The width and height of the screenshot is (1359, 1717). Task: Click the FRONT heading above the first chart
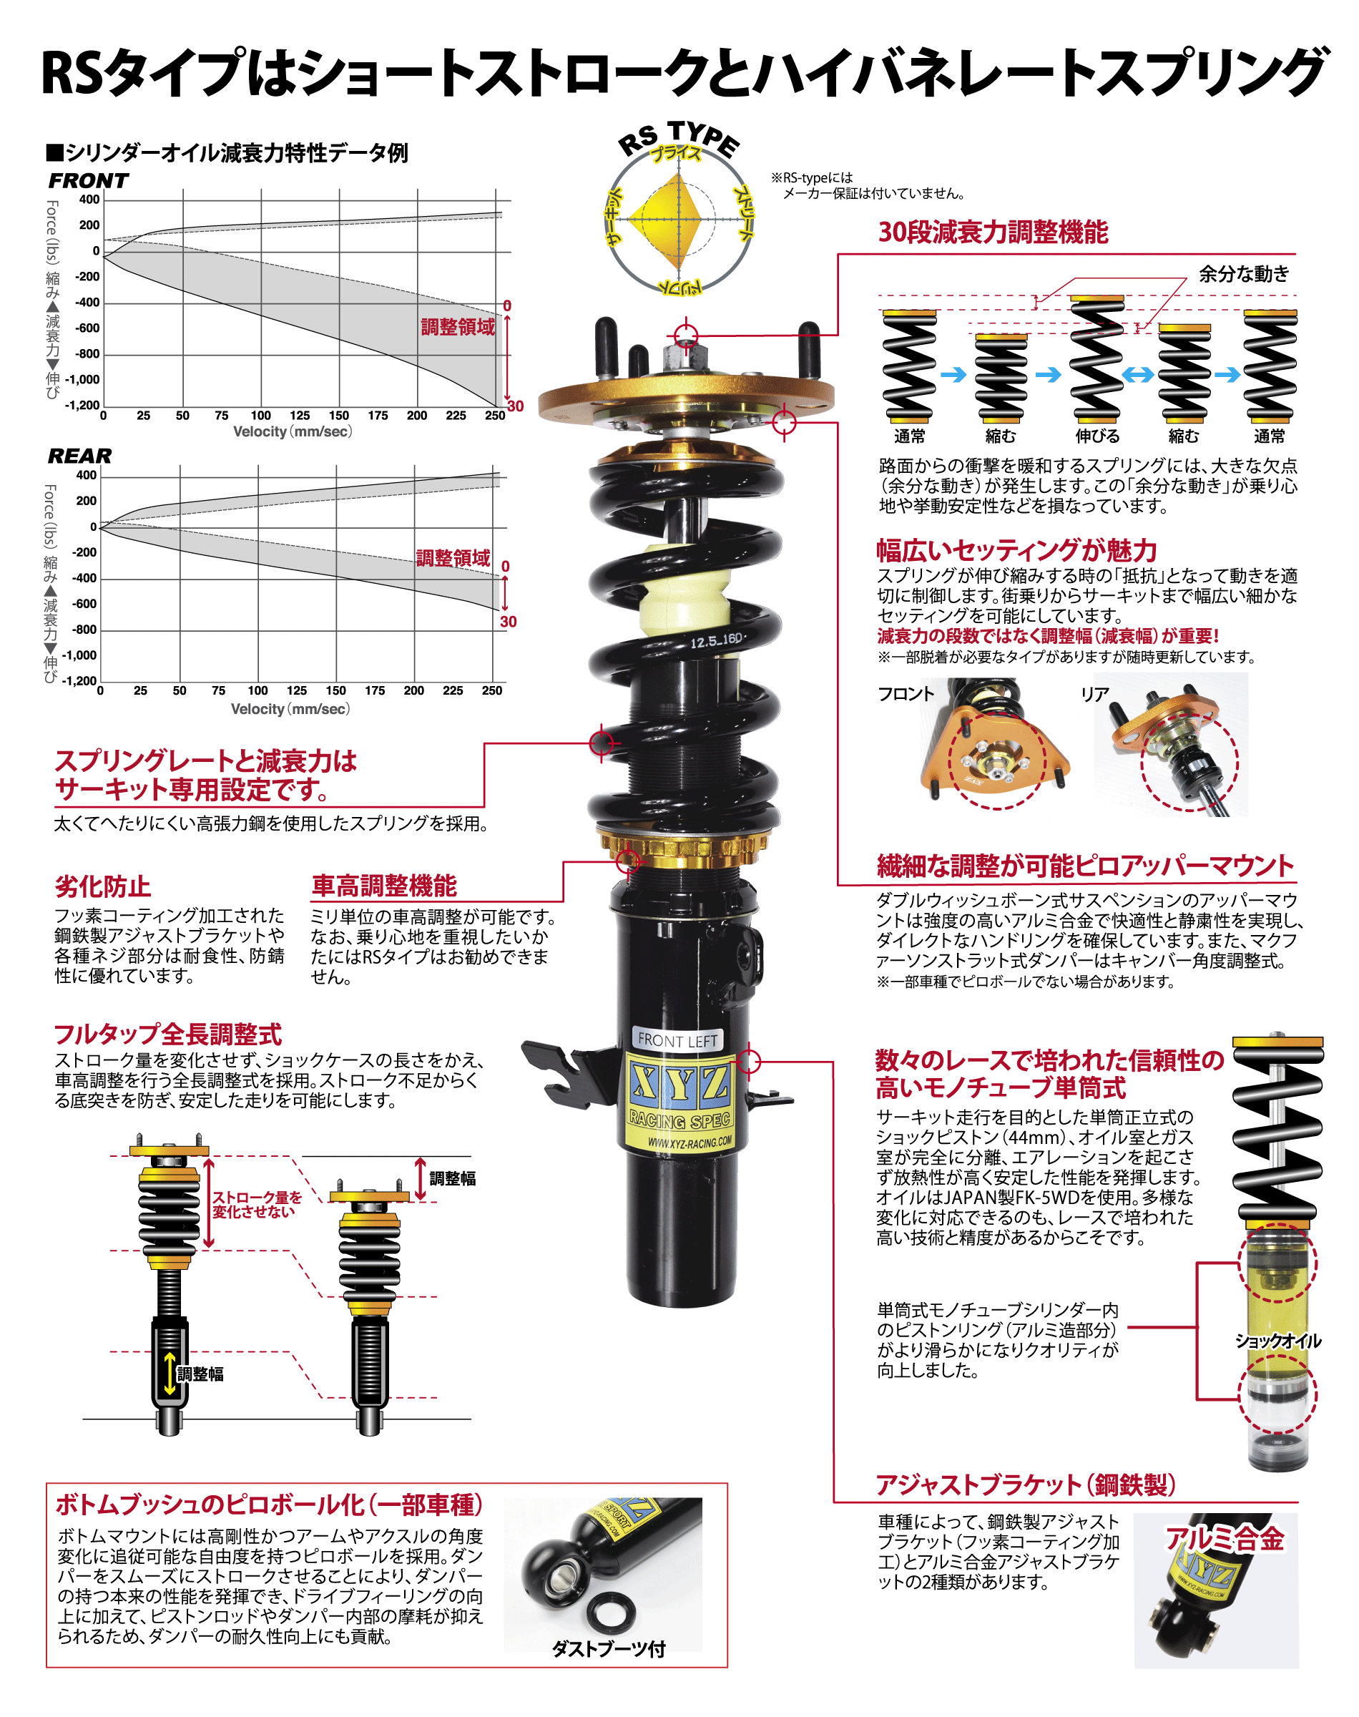[88, 180]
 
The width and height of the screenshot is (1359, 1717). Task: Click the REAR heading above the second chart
[79, 456]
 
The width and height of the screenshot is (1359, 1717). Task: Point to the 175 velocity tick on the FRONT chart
[378, 416]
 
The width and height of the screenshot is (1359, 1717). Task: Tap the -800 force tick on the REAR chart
[84, 630]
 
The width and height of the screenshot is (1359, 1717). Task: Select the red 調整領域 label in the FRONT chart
[458, 327]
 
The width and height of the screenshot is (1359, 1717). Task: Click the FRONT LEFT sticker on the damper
[677, 1040]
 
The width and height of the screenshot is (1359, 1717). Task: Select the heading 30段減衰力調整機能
[993, 233]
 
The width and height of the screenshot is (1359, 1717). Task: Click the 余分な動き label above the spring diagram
[1244, 274]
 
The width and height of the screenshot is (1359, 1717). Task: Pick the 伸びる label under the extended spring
[1097, 436]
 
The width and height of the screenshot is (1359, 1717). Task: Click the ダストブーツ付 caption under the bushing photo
[609, 1649]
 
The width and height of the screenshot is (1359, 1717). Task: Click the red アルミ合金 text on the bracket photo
[1225, 1539]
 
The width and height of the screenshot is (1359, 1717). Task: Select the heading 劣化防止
[103, 886]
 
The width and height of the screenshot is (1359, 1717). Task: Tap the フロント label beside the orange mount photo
[906, 694]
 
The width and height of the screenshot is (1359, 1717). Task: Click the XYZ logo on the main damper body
[680, 1083]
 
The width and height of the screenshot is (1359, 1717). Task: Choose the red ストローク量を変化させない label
[256, 1205]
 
